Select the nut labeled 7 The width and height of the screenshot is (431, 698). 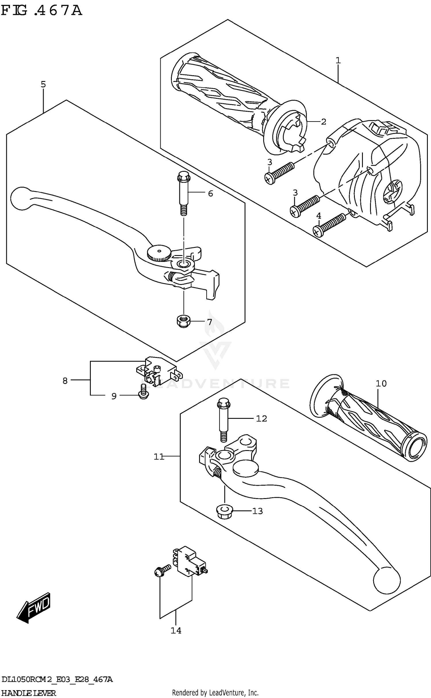(183, 321)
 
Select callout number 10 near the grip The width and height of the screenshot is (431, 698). (381, 383)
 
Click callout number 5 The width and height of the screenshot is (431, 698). (43, 84)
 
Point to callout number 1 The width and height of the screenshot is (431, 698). (338, 60)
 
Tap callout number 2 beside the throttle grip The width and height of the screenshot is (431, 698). (324, 122)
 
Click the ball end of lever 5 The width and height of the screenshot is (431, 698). (22, 198)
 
